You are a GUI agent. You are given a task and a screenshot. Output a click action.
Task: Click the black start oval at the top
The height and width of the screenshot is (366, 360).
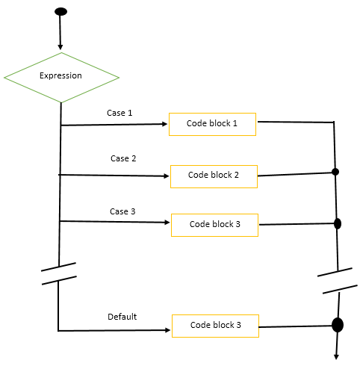[x=60, y=12]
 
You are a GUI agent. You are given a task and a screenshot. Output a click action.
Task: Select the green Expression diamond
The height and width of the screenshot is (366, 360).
[x=61, y=76]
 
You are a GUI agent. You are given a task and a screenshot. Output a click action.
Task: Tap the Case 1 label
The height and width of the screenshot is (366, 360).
[x=120, y=113]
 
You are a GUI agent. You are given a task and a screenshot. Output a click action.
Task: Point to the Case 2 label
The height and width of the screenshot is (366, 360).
[x=123, y=158]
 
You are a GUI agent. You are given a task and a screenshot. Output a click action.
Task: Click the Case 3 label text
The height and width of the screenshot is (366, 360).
[x=122, y=211]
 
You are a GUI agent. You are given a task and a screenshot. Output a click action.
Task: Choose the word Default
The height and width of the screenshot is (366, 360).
[x=122, y=316]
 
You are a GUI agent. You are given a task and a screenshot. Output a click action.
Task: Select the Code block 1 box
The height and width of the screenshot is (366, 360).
[x=213, y=124]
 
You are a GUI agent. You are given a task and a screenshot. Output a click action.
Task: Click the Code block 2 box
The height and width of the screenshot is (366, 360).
[x=214, y=176]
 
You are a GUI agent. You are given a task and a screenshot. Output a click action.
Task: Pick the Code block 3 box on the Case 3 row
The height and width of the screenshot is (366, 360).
[x=215, y=224]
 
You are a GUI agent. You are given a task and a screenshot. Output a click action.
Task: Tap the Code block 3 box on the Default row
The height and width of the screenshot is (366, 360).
[x=216, y=326]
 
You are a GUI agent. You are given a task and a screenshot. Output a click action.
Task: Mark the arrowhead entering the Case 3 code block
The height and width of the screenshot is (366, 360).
[x=167, y=222]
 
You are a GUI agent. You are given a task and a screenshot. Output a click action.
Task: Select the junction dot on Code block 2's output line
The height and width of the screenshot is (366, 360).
[x=335, y=172]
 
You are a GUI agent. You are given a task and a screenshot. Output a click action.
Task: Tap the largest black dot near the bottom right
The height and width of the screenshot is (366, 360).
[x=337, y=325]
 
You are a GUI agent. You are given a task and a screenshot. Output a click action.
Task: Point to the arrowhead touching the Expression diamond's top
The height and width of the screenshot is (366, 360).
[x=60, y=47]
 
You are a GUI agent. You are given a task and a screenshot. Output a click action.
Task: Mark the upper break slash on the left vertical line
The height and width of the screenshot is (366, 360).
[x=58, y=267]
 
